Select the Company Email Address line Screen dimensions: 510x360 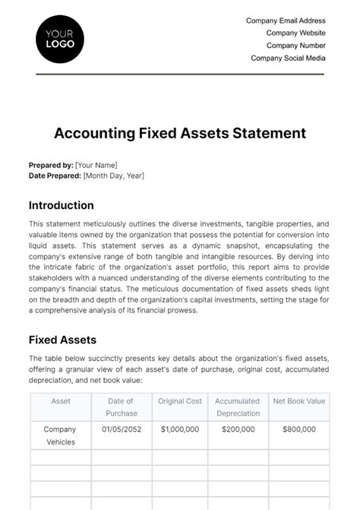[x=286, y=21]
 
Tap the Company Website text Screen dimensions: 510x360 [x=295, y=33]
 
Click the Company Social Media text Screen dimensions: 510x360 [x=288, y=58]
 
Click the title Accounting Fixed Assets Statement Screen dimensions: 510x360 [x=180, y=133]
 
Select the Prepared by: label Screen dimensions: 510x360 [x=51, y=165]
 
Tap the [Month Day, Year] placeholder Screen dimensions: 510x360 [x=114, y=176]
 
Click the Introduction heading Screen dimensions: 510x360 [x=61, y=205]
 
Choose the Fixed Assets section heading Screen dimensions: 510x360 [x=62, y=340]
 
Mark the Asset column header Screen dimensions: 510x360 [x=61, y=401]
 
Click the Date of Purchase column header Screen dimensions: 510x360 [x=121, y=407]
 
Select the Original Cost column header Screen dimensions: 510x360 [x=180, y=401]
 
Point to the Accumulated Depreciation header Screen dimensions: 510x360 [x=238, y=407]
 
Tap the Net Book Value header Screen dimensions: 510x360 [x=298, y=401]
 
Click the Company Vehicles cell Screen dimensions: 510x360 [x=60, y=435]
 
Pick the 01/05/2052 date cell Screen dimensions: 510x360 [x=121, y=429]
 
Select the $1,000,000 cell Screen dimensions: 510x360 [x=180, y=429]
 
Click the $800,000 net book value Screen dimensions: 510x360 [x=298, y=429]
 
